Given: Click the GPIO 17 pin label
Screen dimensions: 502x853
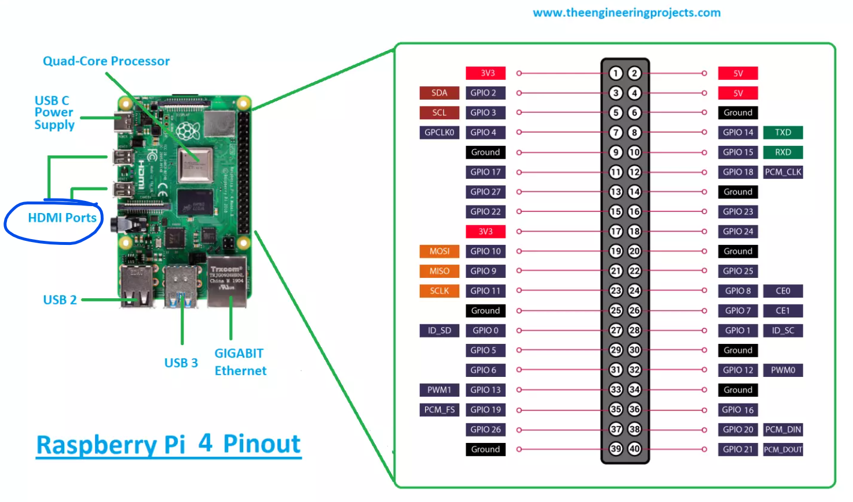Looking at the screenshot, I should click(x=485, y=172).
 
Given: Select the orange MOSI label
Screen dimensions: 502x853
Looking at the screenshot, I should click(x=439, y=251).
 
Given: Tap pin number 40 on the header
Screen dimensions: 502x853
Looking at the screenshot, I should click(x=635, y=449).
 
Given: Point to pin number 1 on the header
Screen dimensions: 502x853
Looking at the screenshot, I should click(x=616, y=74).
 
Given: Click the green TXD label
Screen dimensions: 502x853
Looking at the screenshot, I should click(x=783, y=133).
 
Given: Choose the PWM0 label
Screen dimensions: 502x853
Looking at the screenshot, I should click(x=783, y=370).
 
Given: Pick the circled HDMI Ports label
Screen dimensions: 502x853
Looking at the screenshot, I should click(x=62, y=218).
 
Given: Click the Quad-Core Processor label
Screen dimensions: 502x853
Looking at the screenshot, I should click(x=106, y=61).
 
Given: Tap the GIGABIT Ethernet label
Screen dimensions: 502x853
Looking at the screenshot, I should click(x=240, y=362).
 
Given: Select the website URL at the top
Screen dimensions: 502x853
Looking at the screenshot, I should click(x=627, y=13).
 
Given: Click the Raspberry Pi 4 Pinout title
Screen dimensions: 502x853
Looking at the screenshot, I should click(x=169, y=445).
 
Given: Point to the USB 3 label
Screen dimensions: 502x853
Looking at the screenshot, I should click(x=181, y=363).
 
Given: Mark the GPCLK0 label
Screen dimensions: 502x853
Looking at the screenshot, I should click(x=439, y=133).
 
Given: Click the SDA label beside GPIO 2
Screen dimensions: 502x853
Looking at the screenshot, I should click(x=439, y=93).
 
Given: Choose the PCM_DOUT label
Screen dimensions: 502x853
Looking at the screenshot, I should click(x=783, y=449).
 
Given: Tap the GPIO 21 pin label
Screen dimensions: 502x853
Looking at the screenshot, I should click(x=738, y=449).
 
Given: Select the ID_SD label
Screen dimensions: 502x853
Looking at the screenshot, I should click(x=439, y=331).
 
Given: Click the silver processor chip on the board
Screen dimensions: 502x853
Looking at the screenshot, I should click(x=195, y=165).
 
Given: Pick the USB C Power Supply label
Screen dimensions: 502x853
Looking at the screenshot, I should click(x=54, y=113).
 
